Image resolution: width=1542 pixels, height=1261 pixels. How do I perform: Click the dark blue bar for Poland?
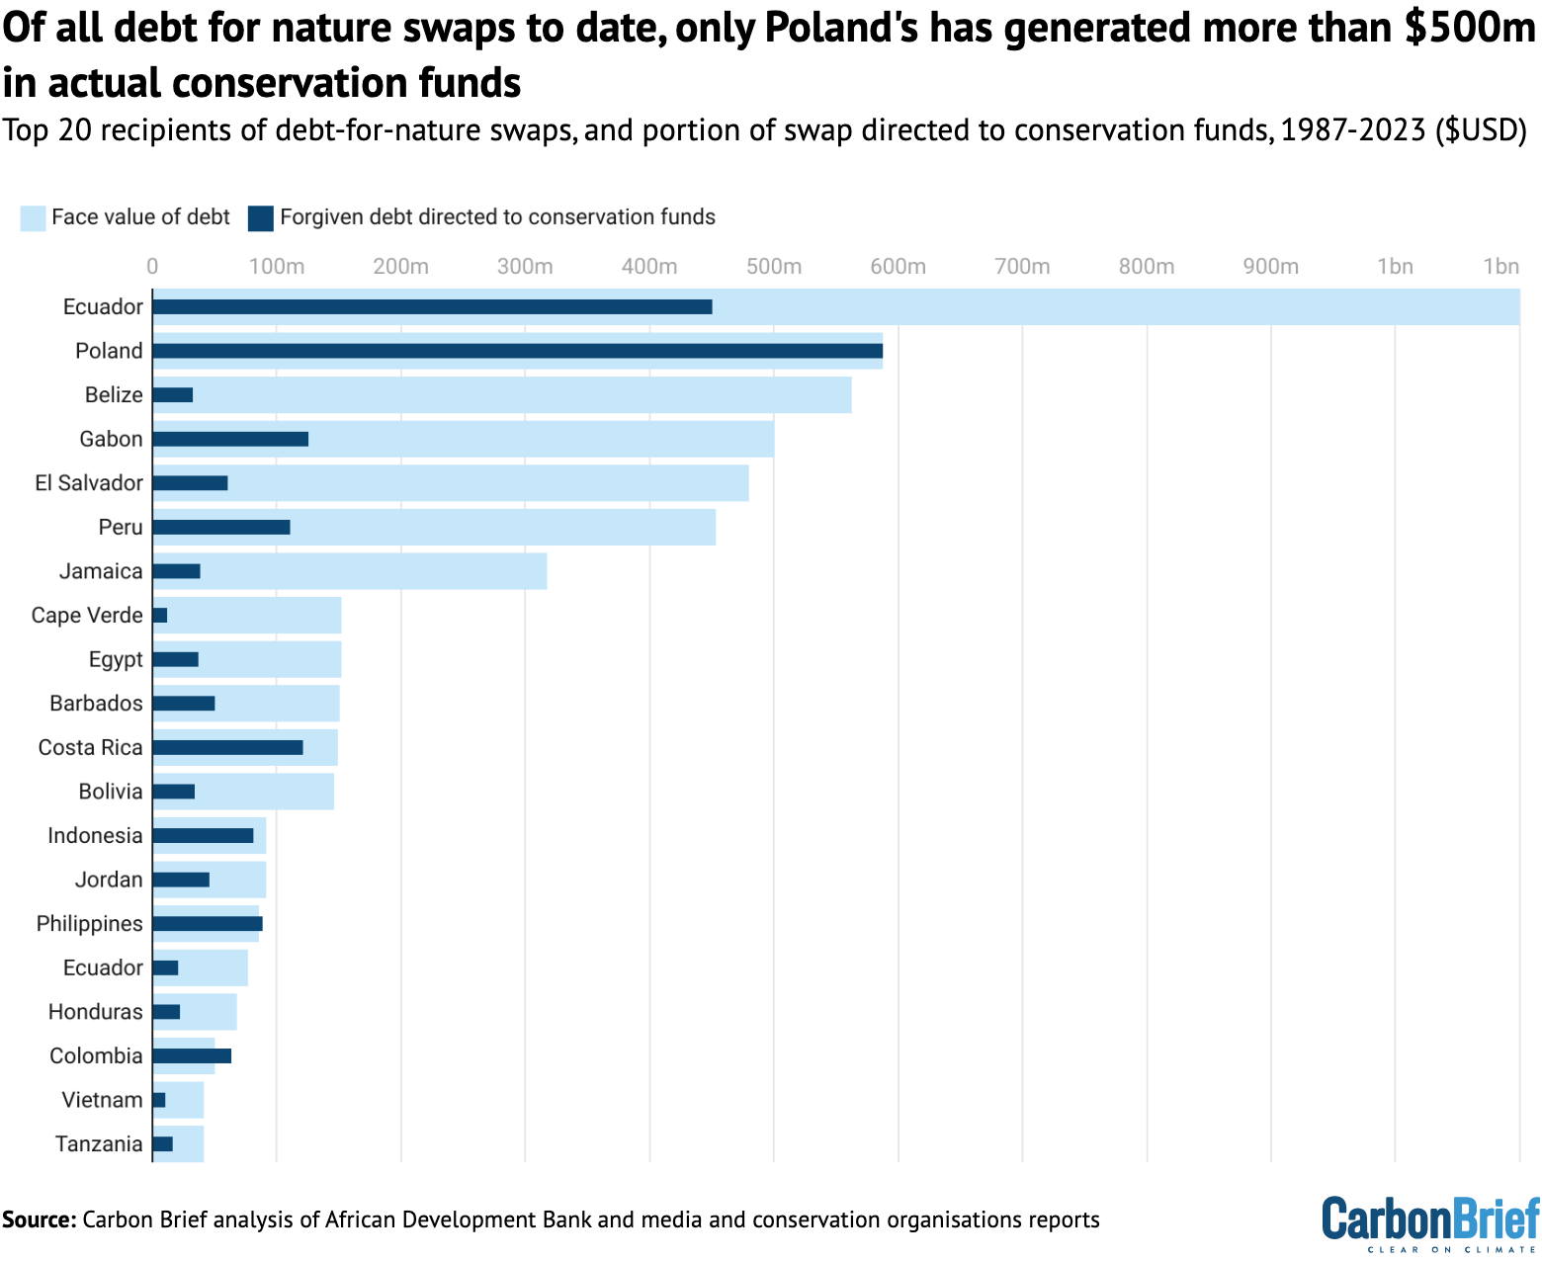[x=517, y=351]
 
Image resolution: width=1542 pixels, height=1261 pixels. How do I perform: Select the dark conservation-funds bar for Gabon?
[x=230, y=439]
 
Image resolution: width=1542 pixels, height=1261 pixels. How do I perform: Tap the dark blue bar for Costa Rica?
[x=227, y=747]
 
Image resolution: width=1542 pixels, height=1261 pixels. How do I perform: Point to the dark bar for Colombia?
[x=192, y=1055]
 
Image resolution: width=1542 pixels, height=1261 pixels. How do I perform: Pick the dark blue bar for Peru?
[x=221, y=527]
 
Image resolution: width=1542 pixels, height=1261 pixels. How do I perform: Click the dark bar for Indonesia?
[x=203, y=835]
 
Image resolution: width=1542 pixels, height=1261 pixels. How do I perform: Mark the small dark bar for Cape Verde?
[x=160, y=616]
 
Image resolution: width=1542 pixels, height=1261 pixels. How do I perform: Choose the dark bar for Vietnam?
[x=159, y=1100]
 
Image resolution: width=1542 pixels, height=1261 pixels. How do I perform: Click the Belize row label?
[x=114, y=395]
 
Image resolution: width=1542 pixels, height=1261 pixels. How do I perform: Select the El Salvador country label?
[x=89, y=483]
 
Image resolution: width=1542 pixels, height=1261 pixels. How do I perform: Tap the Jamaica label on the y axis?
[x=101, y=571]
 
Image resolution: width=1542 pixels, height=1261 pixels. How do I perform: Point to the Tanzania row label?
[x=99, y=1144]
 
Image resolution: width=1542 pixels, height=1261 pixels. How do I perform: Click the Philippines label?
[x=90, y=924]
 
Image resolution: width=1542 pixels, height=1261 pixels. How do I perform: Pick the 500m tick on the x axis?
[x=773, y=267]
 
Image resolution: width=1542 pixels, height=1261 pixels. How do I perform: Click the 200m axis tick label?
[x=400, y=267]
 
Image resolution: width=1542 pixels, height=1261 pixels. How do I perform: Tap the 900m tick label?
[x=1270, y=267]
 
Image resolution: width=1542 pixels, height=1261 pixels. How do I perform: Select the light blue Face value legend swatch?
[x=33, y=217]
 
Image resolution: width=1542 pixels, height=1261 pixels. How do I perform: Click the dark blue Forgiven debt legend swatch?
[x=261, y=217]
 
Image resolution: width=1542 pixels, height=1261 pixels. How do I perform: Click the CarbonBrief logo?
[x=1430, y=1222]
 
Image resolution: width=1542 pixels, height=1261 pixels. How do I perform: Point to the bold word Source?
[x=40, y=1219]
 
